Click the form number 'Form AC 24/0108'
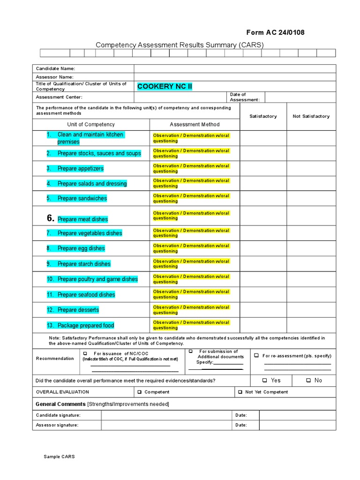pyautogui.click(x=275, y=32)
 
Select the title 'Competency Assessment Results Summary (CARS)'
pyautogui.click(x=180, y=45)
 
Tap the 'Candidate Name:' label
pyautogui.click(x=55, y=68)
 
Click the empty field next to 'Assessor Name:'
pyautogui.click(x=234, y=77)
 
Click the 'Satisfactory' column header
pyautogui.click(x=263, y=116)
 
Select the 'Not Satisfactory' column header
pyautogui.click(x=311, y=116)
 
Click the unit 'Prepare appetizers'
pyautogui.click(x=80, y=169)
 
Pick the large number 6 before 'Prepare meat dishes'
pyautogui.click(x=51, y=218)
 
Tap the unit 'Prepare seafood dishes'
pyautogui.click(x=86, y=295)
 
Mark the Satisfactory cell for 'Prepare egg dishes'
pyautogui.click(x=263, y=248)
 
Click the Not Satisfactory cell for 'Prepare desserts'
pyautogui.click(x=311, y=310)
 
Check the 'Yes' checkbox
pyautogui.click(x=265, y=381)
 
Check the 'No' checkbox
pyautogui.click(x=308, y=381)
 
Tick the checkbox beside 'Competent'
pyautogui.click(x=139, y=392)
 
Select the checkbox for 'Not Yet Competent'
pyautogui.click(x=240, y=392)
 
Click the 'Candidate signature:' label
pyautogui.click(x=58, y=415)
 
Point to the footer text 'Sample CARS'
pyautogui.click(x=59, y=457)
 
